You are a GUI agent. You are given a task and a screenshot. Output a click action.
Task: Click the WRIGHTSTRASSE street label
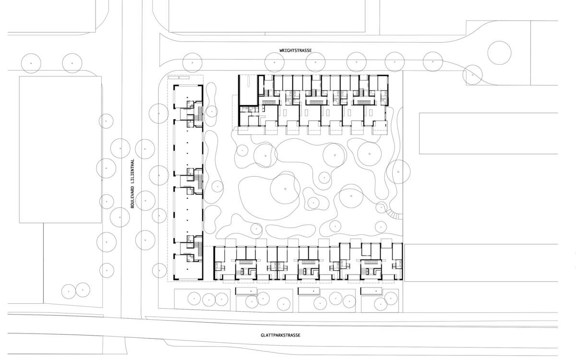pyautogui.click(x=296, y=50)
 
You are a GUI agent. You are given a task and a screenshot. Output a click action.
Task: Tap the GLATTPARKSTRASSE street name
pyautogui.click(x=280, y=336)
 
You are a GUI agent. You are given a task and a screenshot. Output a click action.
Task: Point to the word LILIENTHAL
pyautogui.click(x=132, y=170)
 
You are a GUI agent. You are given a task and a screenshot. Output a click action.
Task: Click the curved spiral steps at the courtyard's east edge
pyautogui.click(x=394, y=214)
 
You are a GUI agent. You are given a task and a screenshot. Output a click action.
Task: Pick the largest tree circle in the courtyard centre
pyautogui.click(x=285, y=189)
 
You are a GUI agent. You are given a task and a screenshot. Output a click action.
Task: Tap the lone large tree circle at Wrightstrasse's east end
pyautogui.click(x=499, y=53)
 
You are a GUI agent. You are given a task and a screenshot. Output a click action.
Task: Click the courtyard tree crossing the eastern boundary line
pyautogui.click(x=398, y=172)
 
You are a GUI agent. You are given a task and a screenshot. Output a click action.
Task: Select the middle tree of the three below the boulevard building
pyautogui.click(x=208, y=300)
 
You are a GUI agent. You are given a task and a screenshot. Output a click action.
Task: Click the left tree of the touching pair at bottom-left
pyautogui.click(x=69, y=291)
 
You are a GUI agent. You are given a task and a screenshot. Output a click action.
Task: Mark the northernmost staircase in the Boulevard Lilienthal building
pyautogui.click(x=198, y=114)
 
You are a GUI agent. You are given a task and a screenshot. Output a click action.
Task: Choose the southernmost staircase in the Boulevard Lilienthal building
pyautogui.click(x=198, y=248)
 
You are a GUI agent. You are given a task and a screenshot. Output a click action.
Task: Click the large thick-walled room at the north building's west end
pyautogui.click(x=248, y=90)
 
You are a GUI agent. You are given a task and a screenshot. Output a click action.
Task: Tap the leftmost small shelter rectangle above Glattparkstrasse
pyautogui.click(x=246, y=291)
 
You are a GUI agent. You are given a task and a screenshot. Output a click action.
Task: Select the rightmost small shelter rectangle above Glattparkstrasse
pyautogui.click(x=372, y=291)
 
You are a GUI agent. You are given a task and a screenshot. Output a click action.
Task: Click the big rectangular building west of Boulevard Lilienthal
pyautogui.click(x=60, y=149)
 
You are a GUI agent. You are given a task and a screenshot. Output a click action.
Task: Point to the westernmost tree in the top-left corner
pyautogui.click(x=31, y=63)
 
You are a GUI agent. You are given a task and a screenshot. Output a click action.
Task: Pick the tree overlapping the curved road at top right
pyautogui.click(x=472, y=75)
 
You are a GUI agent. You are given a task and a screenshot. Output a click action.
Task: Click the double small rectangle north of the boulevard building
pyautogui.click(x=179, y=77)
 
